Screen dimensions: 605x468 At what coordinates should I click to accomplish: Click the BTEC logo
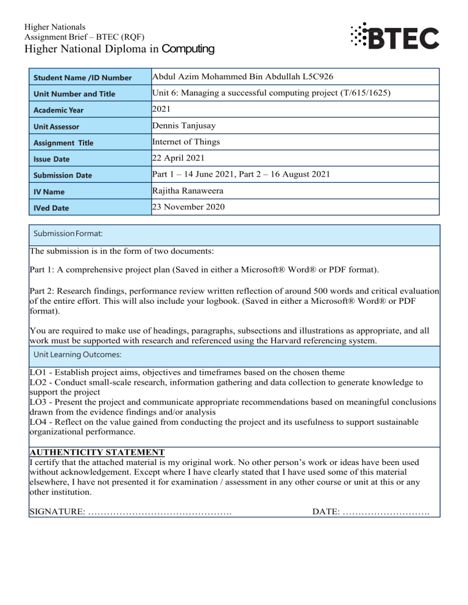click(394, 38)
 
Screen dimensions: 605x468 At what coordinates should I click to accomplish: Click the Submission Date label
click(72, 176)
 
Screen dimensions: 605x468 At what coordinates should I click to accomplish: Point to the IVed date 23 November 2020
click(188, 208)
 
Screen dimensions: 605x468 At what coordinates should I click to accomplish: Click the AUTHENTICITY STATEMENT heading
click(97, 452)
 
